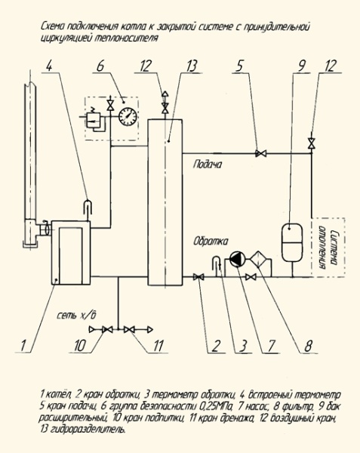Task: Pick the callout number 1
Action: tap(23, 345)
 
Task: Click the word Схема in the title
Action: tap(54, 25)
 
